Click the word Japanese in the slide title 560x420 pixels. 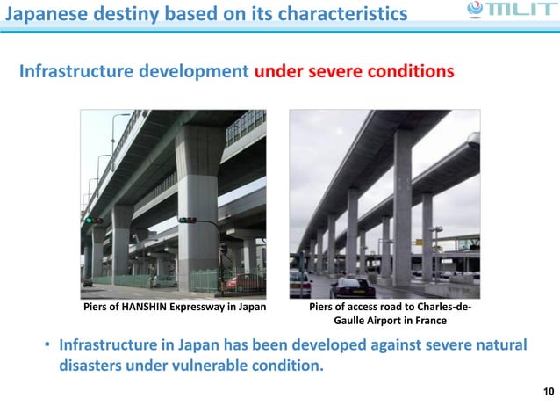[43, 13]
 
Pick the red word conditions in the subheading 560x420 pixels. [413, 70]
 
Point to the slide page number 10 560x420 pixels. [549, 390]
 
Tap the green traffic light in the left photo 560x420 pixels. [88, 221]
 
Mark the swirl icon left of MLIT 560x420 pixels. [475, 11]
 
